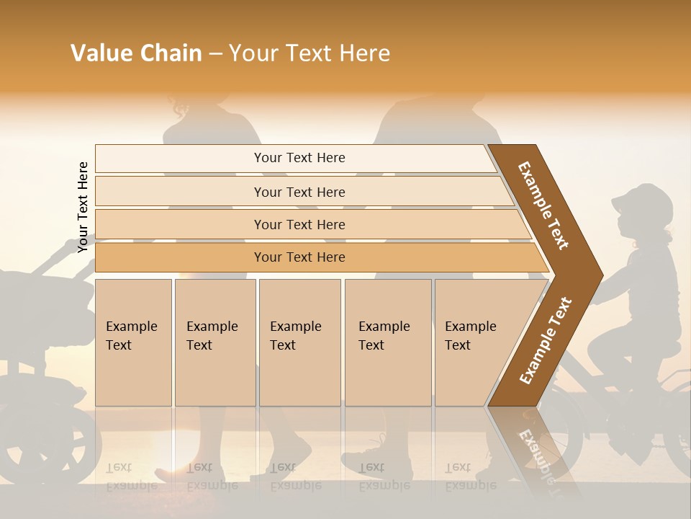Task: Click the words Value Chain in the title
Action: [x=136, y=53]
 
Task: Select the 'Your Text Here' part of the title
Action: [x=310, y=53]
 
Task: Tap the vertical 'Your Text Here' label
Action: [x=83, y=207]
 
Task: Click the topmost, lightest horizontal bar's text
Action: [x=299, y=158]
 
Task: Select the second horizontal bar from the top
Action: [x=299, y=192]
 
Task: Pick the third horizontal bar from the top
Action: [x=299, y=225]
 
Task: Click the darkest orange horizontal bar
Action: [x=299, y=257]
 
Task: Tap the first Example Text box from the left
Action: [x=133, y=342]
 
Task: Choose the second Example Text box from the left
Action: [x=214, y=342]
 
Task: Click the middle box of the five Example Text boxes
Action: [x=299, y=342]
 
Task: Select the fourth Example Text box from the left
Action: [x=387, y=342]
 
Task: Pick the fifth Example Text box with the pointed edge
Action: [x=475, y=342]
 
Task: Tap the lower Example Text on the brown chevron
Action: [x=546, y=340]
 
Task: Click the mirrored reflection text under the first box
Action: [x=130, y=476]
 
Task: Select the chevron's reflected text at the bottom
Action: [x=536, y=454]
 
